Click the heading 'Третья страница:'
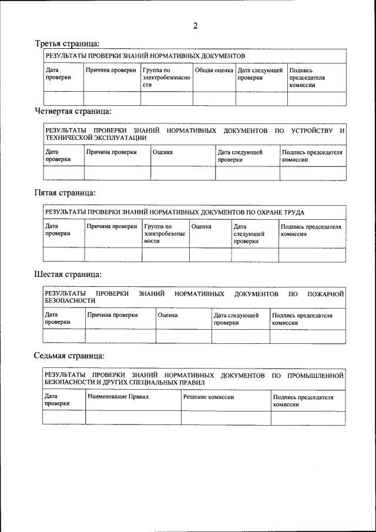coord(67,44)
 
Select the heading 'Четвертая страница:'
coord(73,111)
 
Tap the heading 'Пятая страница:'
coord(65,192)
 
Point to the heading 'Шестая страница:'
coord(68,274)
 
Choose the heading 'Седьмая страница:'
coord(70,356)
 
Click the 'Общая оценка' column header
coord(214,71)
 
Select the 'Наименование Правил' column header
coord(118,397)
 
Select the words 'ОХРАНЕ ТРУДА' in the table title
coord(280,212)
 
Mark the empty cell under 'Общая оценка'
coord(214,98)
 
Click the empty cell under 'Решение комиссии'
coord(226,417)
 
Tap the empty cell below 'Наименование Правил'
coord(133,417)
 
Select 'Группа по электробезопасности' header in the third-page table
coord(166,78)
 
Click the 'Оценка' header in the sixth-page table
coord(168,316)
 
